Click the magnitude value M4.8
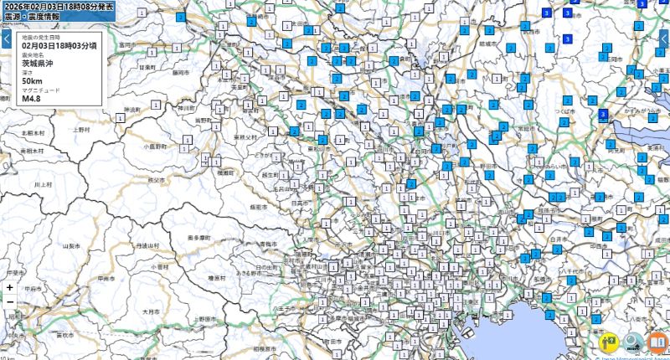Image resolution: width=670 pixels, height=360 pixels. click(32, 98)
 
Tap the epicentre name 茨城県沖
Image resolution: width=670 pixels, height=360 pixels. click(38, 63)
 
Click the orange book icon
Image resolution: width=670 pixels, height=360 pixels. click(658, 343)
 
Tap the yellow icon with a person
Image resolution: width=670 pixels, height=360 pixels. click(609, 343)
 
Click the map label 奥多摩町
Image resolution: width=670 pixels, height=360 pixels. click(198, 239)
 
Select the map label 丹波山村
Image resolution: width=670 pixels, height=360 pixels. click(147, 245)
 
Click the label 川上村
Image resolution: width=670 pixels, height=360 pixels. click(42, 184)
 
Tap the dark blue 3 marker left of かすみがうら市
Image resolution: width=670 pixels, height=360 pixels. click(604, 115)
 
